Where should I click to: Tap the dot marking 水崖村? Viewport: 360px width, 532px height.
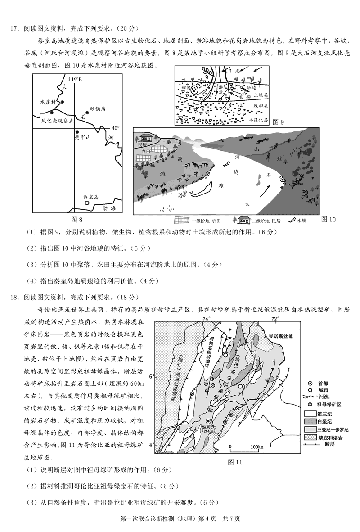63,102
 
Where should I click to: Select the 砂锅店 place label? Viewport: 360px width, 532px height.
97,109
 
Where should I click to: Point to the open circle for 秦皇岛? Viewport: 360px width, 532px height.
88,204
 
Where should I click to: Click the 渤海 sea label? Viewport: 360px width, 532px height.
109,208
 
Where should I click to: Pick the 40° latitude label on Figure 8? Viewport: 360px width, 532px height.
116,128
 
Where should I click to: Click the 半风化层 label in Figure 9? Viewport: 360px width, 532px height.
258,120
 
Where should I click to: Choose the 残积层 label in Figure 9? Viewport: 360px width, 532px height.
260,105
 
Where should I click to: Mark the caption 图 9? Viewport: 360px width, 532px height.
279,122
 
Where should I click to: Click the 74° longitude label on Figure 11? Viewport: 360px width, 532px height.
207,319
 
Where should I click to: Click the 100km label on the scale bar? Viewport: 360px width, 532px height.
251,446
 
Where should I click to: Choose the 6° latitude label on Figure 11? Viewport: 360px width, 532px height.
152,376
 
